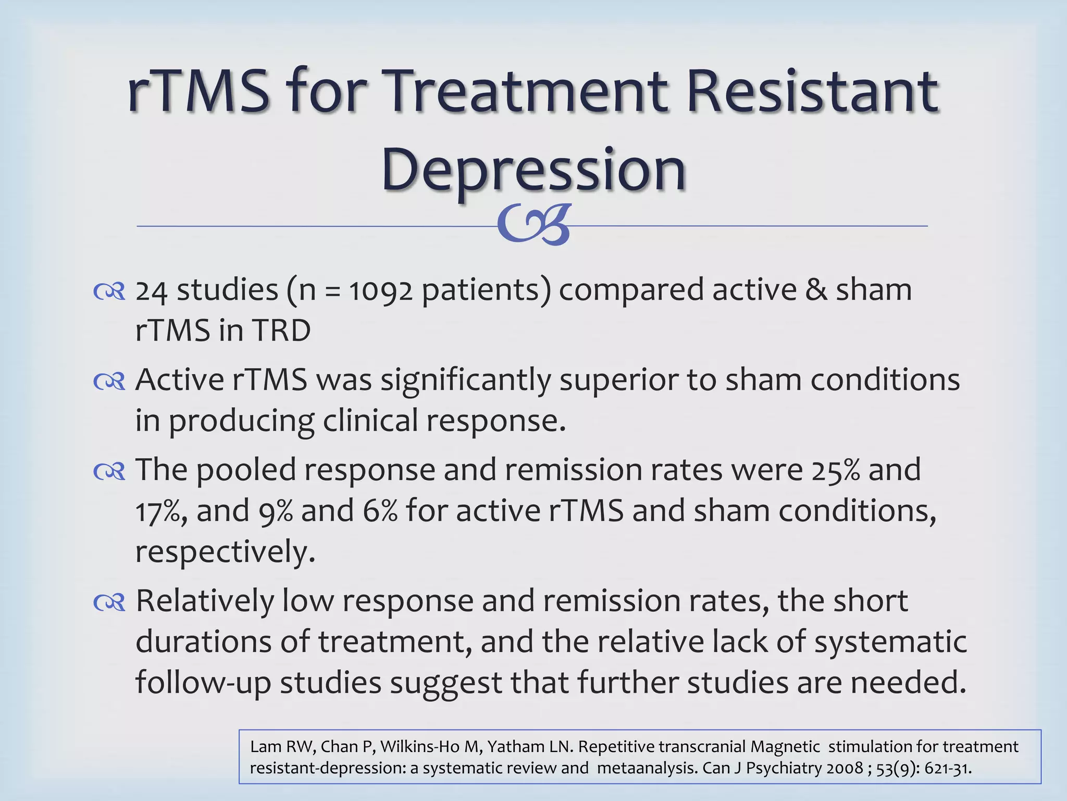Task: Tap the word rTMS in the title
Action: pos(198,91)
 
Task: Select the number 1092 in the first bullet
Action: pos(381,290)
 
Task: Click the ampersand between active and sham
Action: pos(816,290)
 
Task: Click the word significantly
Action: pos(465,381)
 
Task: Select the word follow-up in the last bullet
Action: pos(203,683)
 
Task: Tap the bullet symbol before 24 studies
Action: pos(109,292)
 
